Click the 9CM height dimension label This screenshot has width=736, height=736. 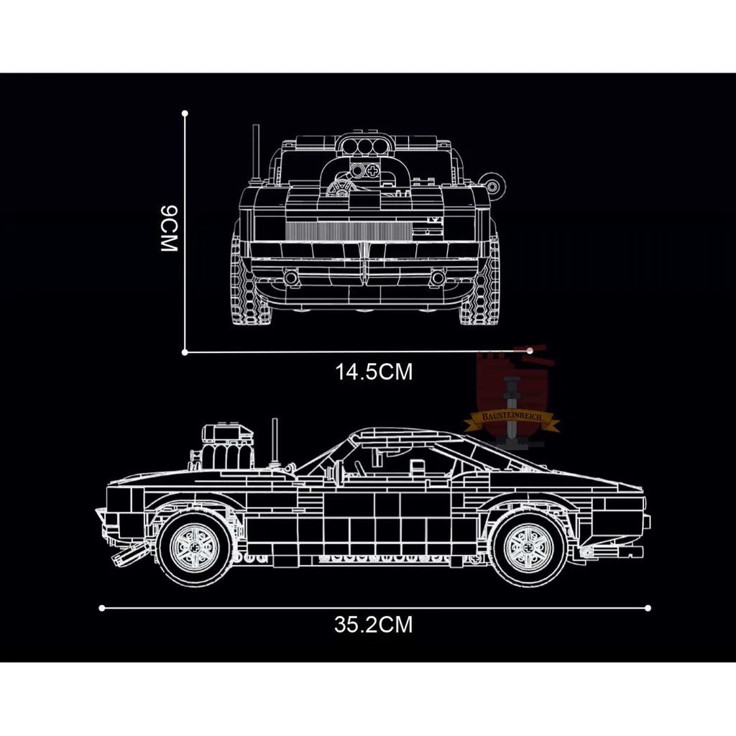(169, 229)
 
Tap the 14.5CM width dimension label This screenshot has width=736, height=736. (374, 372)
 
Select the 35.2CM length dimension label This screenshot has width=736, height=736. (374, 625)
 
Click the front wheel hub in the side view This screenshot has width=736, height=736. (195, 547)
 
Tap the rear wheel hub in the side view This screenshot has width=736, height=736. (530, 546)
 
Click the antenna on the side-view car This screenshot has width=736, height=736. (275, 442)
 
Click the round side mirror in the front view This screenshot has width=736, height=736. (492, 187)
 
